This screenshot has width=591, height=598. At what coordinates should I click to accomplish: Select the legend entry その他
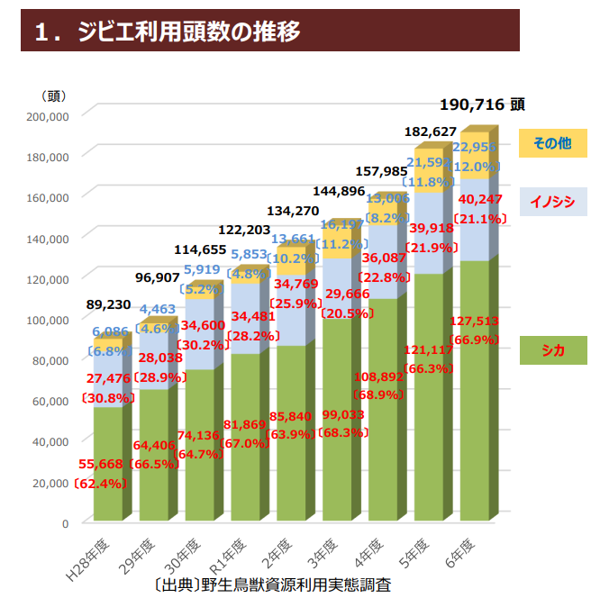point(552,143)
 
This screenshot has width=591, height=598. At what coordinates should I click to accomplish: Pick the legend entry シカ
point(552,350)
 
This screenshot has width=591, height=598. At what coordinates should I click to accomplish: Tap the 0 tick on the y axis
point(64,522)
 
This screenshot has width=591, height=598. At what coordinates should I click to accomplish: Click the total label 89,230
point(107,305)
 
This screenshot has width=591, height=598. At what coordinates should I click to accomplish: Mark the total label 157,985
point(382,171)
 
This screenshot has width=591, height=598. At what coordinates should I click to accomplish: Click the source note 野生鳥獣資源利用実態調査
point(297,584)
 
